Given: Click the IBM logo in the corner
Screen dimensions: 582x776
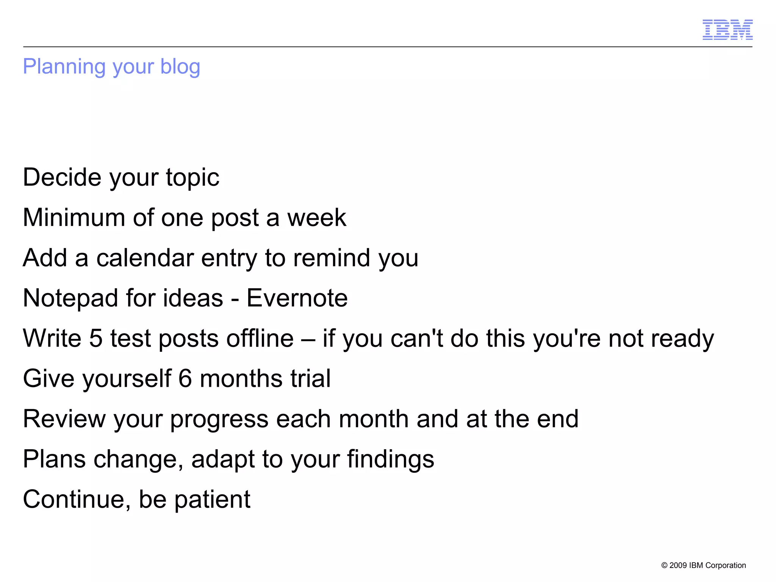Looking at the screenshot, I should pyautogui.click(x=727, y=30).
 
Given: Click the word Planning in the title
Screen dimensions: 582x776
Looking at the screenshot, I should pyautogui.click(x=64, y=67).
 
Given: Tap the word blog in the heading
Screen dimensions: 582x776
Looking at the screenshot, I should pyautogui.click(x=180, y=67).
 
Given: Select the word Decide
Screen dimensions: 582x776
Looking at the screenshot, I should pyautogui.click(x=62, y=177).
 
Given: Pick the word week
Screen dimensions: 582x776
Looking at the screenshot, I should pyautogui.click(x=316, y=218).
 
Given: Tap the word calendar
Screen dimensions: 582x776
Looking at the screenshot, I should pyautogui.click(x=145, y=258).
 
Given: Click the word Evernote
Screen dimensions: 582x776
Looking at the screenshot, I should pyautogui.click(x=297, y=298).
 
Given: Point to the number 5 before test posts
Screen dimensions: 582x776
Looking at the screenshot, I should pyautogui.click(x=96, y=338).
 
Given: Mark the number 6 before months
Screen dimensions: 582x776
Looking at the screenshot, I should pyautogui.click(x=185, y=378).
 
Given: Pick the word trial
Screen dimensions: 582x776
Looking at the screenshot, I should pyautogui.click(x=310, y=378).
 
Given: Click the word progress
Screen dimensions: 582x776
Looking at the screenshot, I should pyautogui.click(x=219, y=420).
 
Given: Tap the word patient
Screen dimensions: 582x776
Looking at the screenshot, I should pyautogui.click(x=212, y=499).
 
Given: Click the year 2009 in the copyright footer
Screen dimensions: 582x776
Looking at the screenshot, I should pyautogui.click(x=678, y=565).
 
